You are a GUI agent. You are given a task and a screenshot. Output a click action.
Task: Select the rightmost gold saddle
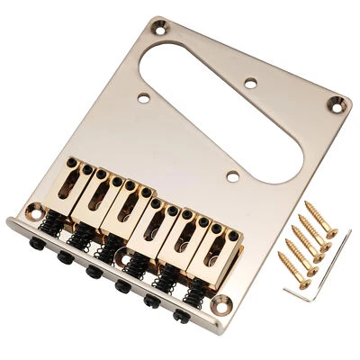point(212,241)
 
